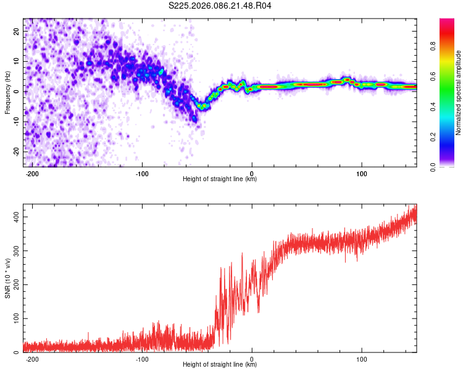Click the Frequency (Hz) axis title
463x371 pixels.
7,93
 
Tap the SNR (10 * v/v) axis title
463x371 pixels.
7,278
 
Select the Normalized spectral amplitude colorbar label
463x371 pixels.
459,93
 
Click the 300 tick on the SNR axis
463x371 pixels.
14,251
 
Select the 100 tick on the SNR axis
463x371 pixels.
14,318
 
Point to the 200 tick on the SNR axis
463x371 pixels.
14,284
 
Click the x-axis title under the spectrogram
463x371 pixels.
220,180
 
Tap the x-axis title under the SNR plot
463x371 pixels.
220,365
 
